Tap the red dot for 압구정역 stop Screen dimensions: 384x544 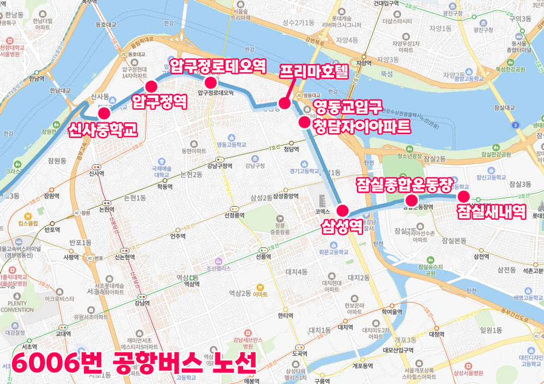[x=151, y=86]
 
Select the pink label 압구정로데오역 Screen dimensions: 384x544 [x=218, y=67]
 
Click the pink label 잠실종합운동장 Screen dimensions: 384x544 [x=404, y=185]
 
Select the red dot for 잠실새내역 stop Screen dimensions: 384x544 [x=463, y=196]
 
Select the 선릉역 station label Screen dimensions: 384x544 [x=263, y=257]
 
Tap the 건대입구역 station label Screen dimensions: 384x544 [x=387, y=3]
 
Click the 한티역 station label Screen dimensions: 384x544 [x=285, y=315]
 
